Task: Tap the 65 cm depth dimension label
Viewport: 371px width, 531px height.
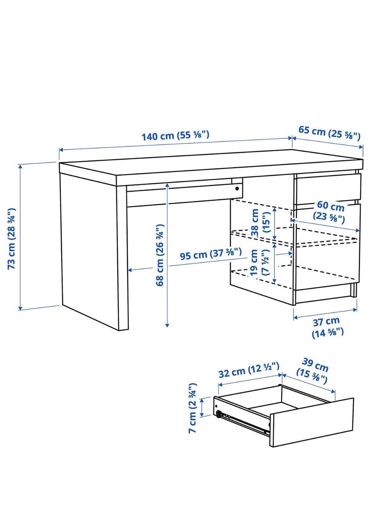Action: click(329, 133)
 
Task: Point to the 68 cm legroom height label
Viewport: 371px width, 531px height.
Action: click(160, 255)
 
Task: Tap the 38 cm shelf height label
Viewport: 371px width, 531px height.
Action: click(260, 222)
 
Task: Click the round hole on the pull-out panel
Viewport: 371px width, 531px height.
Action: click(237, 189)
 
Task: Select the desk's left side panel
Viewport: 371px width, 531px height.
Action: click(89, 251)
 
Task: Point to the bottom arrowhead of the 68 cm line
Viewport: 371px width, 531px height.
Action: click(167, 325)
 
